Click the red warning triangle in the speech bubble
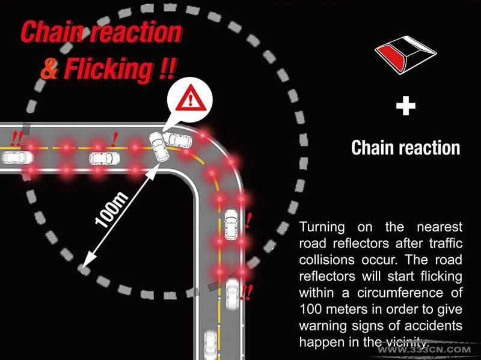pyautogui.click(x=191, y=99)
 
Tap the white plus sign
pyautogui.click(x=405, y=106)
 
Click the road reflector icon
pyautogui.click(x=405, y=55)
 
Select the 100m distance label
pyautogui.click(x=111, y=210)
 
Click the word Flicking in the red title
pyautogui.click(x=109, y=69)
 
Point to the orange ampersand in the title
pyautogui.click(x=50, y=69)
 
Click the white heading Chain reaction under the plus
pyautogui.click(x=405, y=148)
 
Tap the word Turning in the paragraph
pyautogui.click(x=322, y=228)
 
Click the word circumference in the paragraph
pyautogui.click(x=400, y=293)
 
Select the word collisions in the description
pyautogui.click(x=326, y=260)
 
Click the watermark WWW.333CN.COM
pyautogui.click(x=424, y=350)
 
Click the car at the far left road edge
pyautogui.click(x=17, y=157)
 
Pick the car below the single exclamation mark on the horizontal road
pyautogui.click(x=105, y=158)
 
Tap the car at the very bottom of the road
pyautogui.click(x=210, y=344)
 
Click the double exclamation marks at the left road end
pyautogui.click(x=17, y=139)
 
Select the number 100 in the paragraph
pyautogui.click(x=310, y=309)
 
